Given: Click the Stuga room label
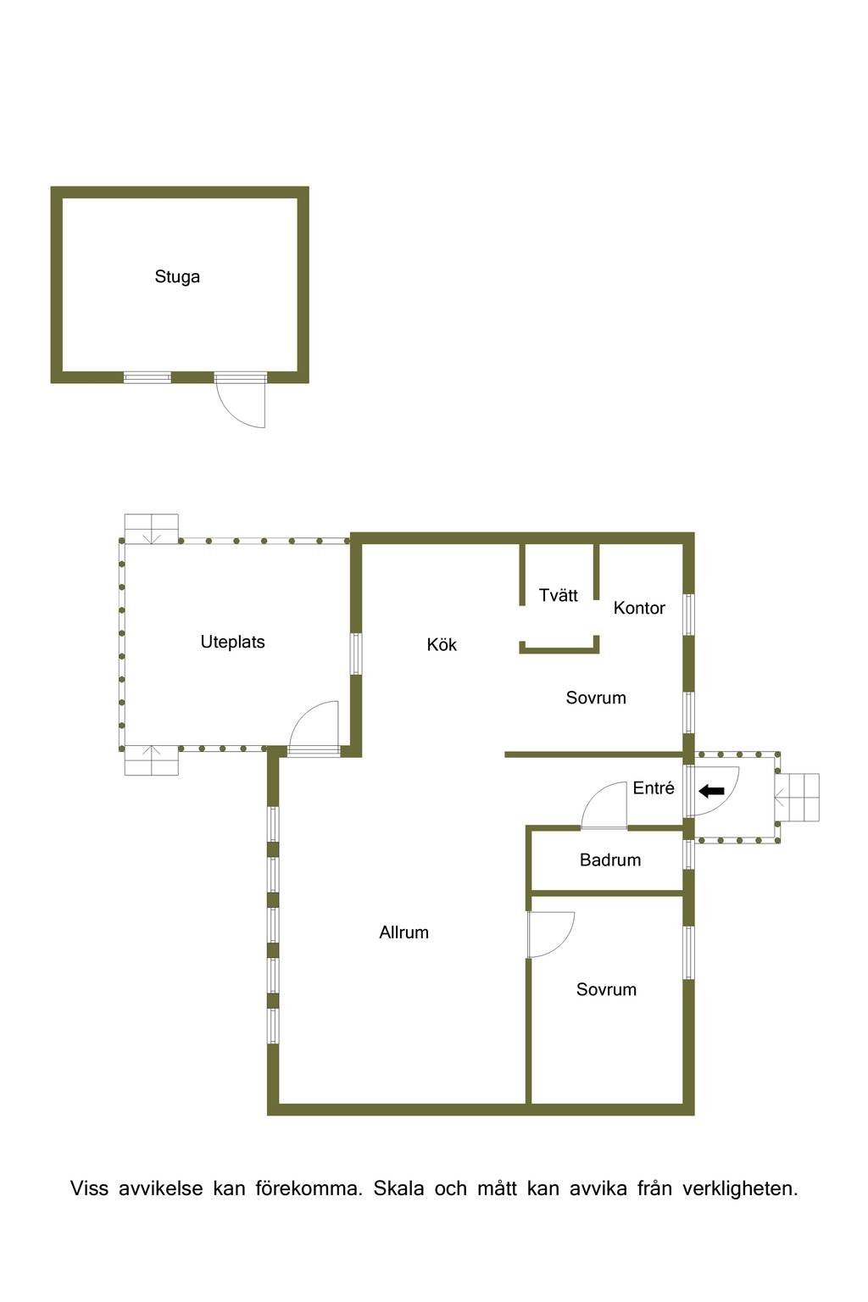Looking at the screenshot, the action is tap(177, 276).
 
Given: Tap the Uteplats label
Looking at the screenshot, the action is tap(232, 643).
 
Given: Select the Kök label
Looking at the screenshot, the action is tap(442, 644).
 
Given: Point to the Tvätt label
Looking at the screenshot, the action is tap(558, 595).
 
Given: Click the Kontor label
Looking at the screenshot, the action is tap(639, 608).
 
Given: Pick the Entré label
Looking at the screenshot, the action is tap(654, 788).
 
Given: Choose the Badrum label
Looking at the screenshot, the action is tap(609, 860).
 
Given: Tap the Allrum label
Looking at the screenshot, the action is tap(404, 932).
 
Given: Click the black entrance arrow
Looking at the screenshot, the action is tap(712, 791).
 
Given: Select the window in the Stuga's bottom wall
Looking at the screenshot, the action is tap(147, 378).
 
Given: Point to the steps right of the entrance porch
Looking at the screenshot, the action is tap(798, 798).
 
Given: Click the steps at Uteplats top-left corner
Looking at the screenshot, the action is tap(151, 529).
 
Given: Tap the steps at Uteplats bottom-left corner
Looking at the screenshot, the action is tap(151, 760).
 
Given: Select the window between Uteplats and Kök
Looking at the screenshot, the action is tap(356, 654).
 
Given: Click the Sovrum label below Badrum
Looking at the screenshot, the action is tap(606, 989).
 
